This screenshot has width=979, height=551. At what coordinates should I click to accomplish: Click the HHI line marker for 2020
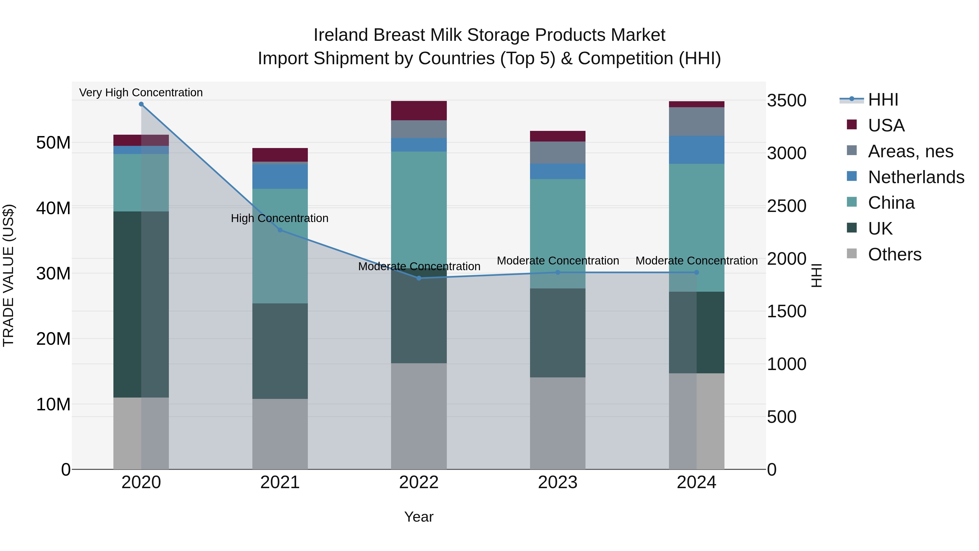point(141,104)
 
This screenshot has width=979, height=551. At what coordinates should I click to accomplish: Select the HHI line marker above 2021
point(280,230)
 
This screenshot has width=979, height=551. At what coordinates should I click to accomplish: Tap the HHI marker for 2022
point(419,278)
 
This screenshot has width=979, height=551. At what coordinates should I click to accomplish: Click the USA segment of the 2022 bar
point(419,111)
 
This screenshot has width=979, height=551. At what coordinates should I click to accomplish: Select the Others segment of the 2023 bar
point(557,423)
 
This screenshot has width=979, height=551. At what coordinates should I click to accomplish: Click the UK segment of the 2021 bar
point(280,351)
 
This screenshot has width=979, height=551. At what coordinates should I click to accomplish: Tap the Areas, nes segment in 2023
point(557,152)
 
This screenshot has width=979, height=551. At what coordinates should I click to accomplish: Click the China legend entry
point(891,203)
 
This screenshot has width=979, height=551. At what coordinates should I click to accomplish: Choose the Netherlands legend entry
point(916,177)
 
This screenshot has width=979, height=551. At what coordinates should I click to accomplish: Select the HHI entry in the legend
point(882,100)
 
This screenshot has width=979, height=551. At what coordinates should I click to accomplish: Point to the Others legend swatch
point(852,254)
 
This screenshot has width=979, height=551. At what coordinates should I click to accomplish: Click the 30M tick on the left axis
point(53,273)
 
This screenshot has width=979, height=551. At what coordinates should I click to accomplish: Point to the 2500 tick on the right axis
point(786,206)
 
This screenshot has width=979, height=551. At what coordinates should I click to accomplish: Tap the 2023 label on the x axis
point(557,482)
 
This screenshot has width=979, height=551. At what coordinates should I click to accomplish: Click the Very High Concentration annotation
point(141,93)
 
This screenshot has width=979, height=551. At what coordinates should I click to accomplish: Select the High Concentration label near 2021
point(280,218)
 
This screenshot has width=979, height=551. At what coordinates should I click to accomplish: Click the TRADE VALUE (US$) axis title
point(9,275)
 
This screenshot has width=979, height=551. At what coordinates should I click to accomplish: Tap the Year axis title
point(419,517)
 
